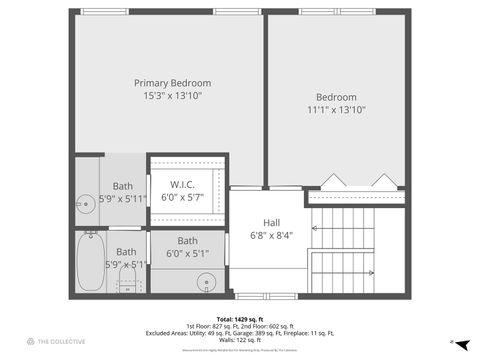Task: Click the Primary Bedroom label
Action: click(173, 83)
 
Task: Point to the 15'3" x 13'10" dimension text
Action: click(173, 96)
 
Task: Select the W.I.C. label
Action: click(182, 184)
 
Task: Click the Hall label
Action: click(271, 223)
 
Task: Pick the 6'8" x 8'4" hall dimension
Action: click(271, 236)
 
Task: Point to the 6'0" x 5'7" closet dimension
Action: click(182, 197)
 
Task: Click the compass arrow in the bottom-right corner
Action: click(452, 342)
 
